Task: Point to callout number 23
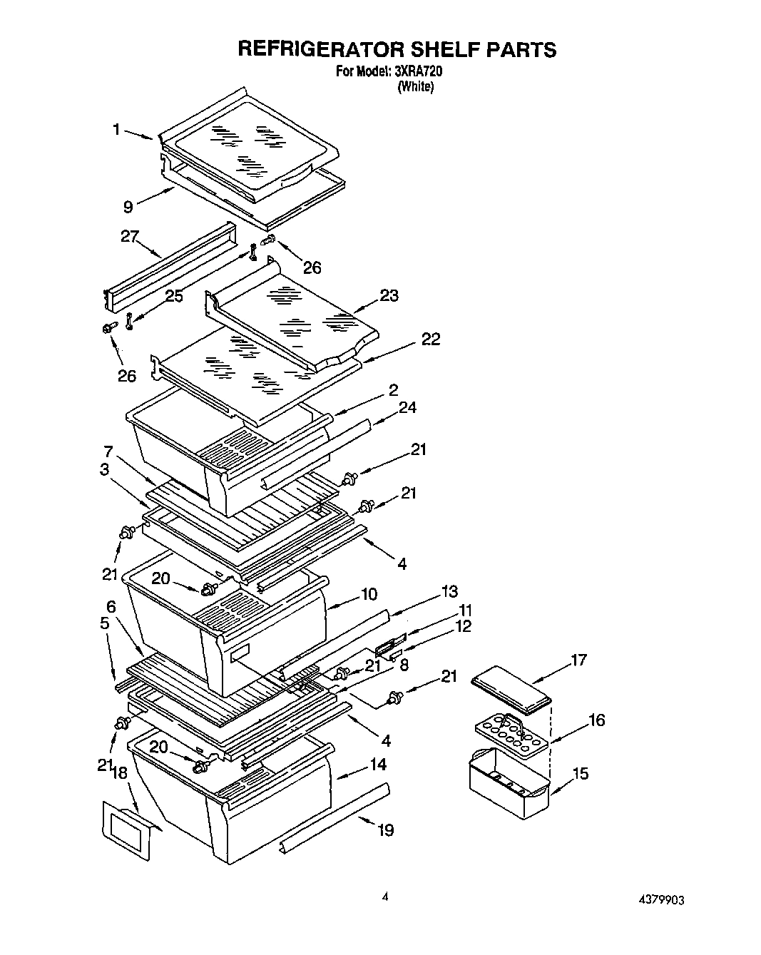[389, 295]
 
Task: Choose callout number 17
[578, 660]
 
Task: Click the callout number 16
[596, 720]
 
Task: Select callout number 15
[581, 772]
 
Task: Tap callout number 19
[385, 829]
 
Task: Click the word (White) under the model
[415, 86]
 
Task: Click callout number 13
[449, 591]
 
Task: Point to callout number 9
[128, 207]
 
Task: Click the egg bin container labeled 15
[508, 785]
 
